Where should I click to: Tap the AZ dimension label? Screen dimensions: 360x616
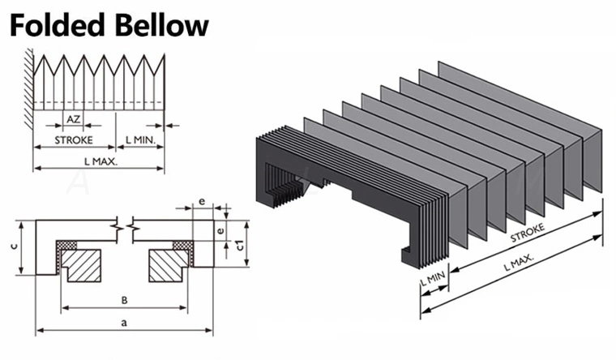73,118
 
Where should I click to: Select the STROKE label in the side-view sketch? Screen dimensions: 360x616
73,140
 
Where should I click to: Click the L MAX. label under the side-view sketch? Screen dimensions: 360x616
101,161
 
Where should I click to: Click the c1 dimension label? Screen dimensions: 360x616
239,246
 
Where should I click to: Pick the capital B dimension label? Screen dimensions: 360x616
124,300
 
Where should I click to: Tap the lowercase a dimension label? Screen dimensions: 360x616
123,323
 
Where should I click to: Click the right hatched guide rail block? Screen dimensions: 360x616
168,264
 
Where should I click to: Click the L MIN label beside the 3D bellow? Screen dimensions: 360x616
432,281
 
